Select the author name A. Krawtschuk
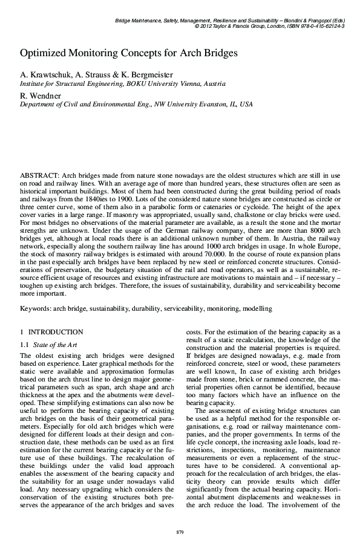pyautogui.click(x=45, y=74)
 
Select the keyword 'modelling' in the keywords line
pyautogui.click(x=257, y=308)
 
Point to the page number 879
pyautogui.click(x=180, y=531)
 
